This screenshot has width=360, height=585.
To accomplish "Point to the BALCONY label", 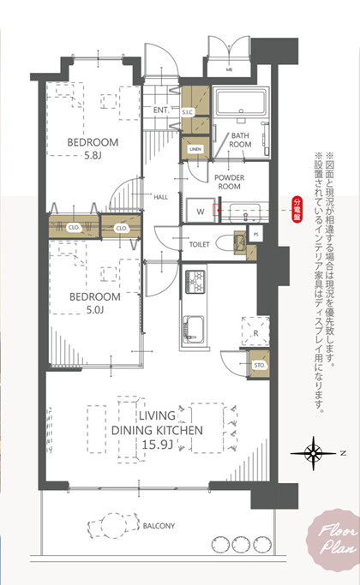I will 159,525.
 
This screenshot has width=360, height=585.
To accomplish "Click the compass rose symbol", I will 314,451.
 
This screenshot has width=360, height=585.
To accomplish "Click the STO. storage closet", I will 257,364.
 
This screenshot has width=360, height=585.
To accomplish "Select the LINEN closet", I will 195,149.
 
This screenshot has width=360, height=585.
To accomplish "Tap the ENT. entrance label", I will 160,110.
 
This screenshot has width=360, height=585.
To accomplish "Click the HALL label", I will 160,196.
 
